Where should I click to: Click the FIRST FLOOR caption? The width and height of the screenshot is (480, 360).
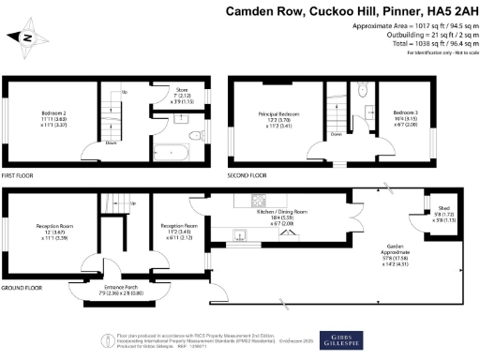click(x=19, y=174)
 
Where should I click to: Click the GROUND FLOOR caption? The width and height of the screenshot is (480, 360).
click(x=21, y=287)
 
